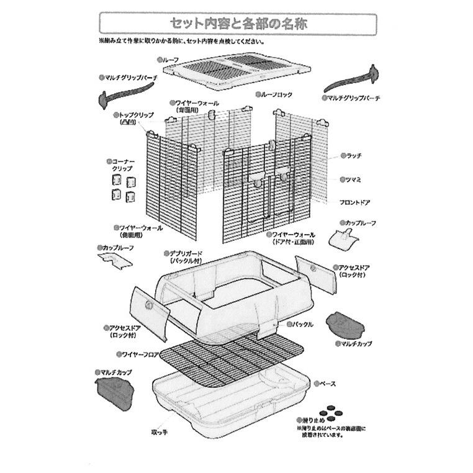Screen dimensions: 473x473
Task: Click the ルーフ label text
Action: pos(170,60)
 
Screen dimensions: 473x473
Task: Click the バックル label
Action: pos(302,324)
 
